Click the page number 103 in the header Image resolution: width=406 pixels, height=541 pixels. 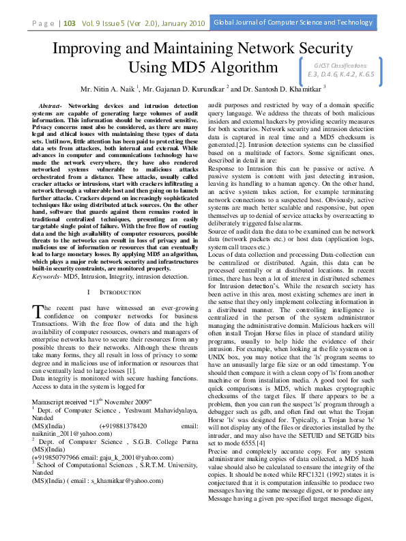[69, 23]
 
